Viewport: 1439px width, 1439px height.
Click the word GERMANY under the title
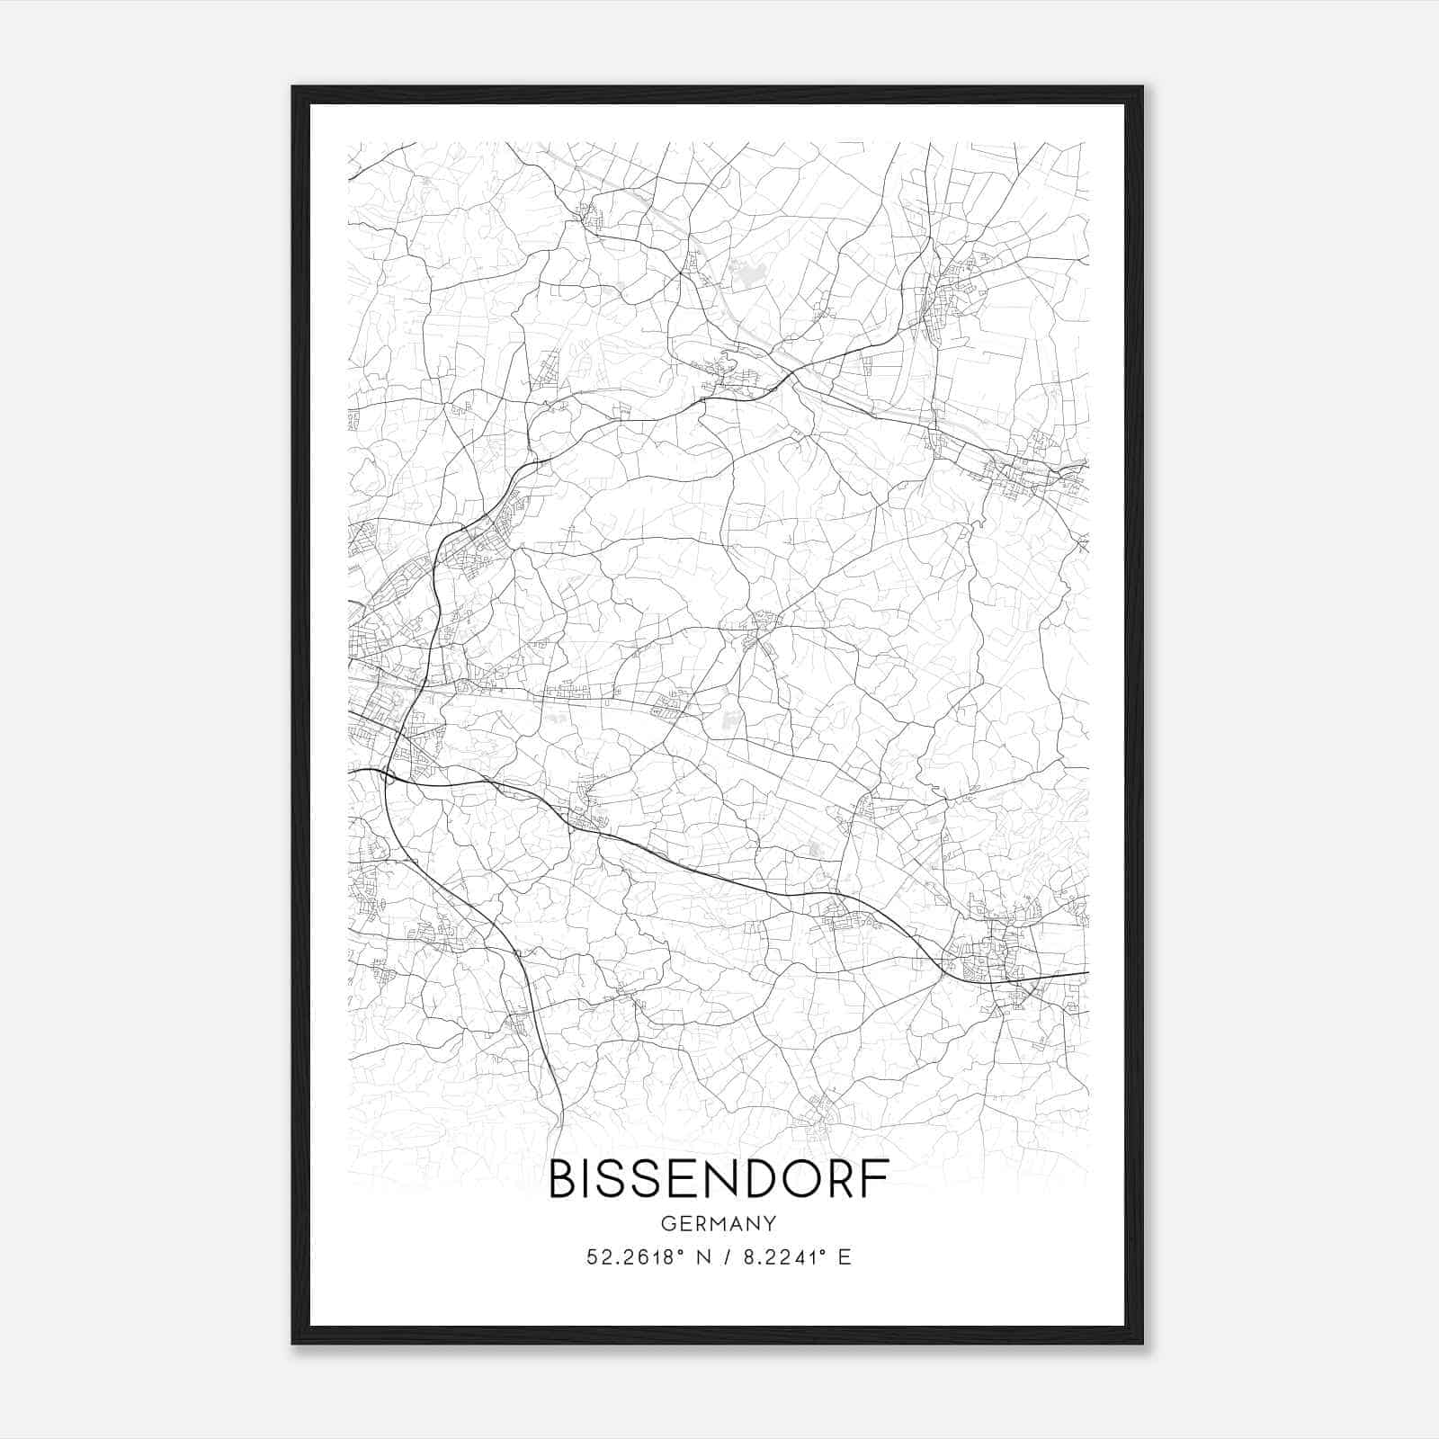click(719, 1224)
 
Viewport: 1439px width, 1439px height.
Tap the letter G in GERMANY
click(667, 1224)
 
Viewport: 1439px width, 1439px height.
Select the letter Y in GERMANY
click(770, 1224)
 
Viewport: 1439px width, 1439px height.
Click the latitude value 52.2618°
click(630, 1257)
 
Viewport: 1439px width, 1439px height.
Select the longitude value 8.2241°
click(780, 1257)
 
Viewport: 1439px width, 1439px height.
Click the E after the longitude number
click(844, 1257)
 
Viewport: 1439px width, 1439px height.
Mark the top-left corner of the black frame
click(293, 87)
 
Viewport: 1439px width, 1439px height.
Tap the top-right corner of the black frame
click(1142, 87)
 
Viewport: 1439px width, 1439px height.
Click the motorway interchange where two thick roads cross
click(389, 775)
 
